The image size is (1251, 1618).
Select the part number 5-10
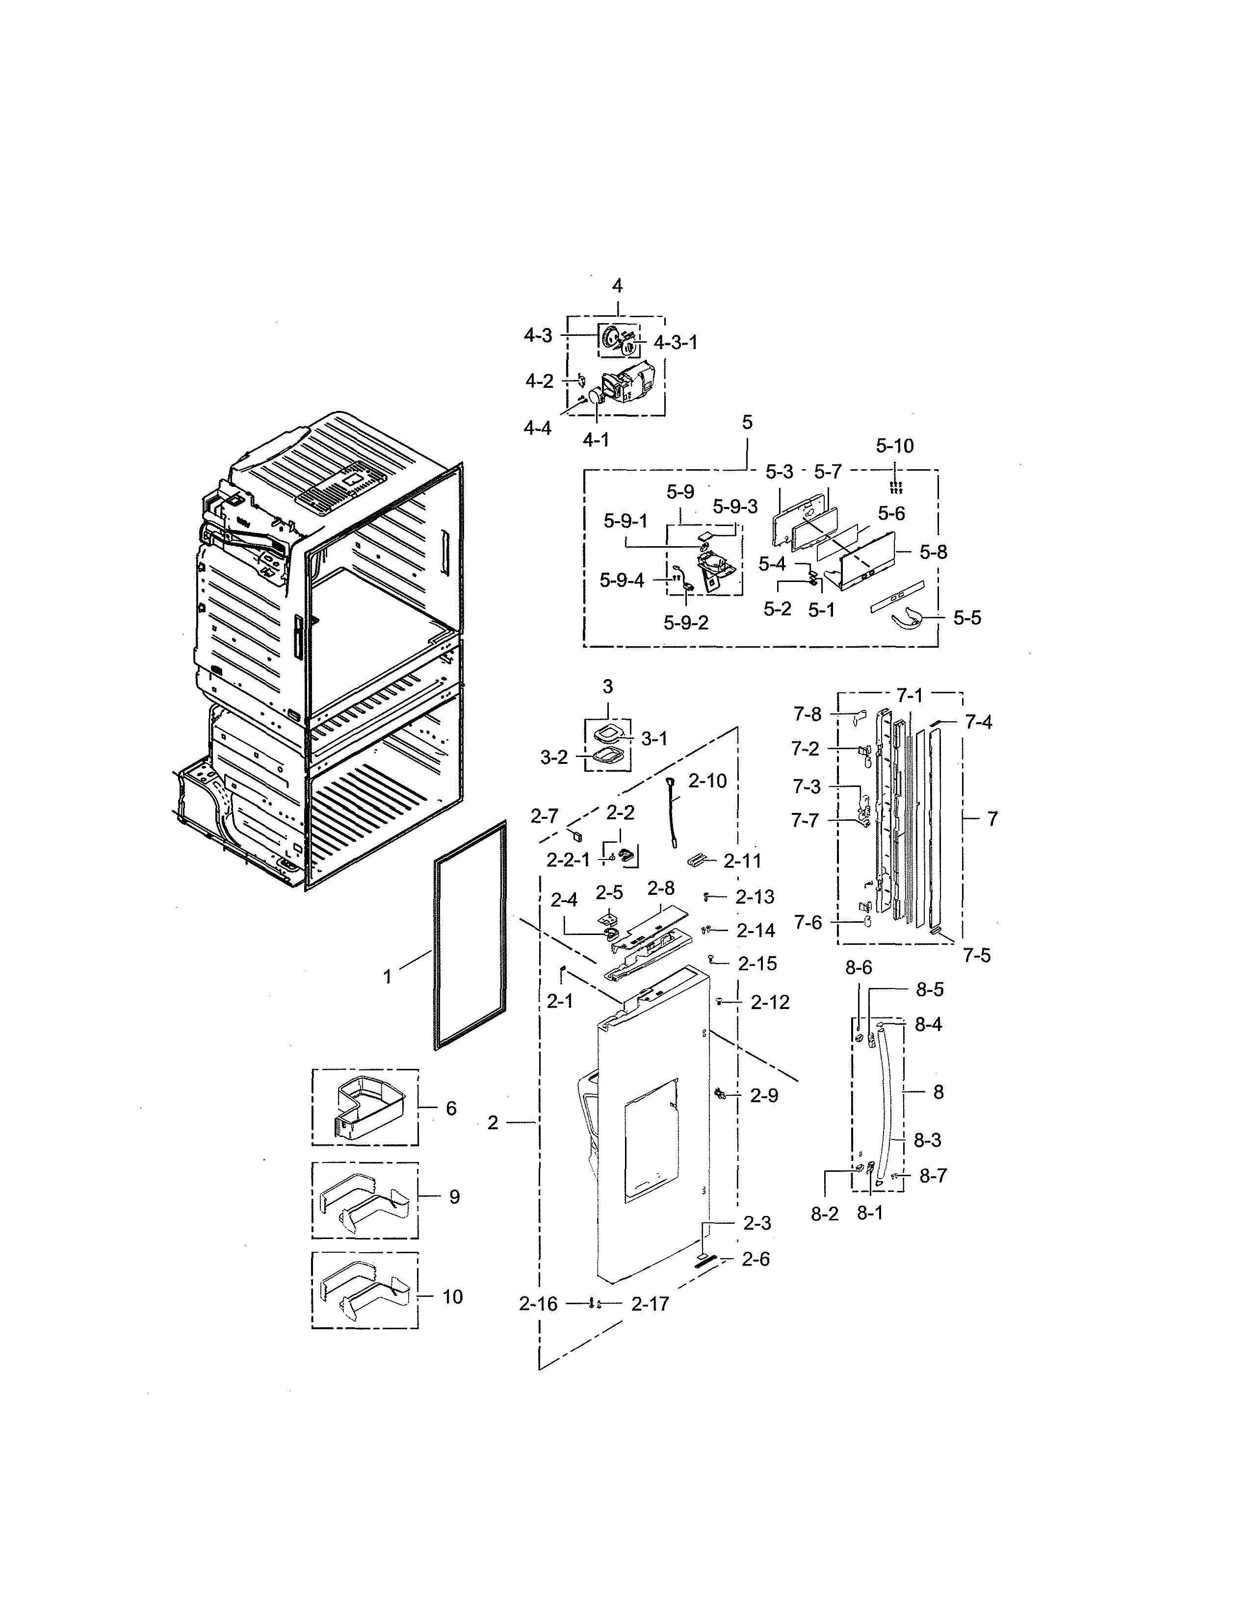(894, 446)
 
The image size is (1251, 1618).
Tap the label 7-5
(977, 956)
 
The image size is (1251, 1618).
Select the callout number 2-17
(650, 1304)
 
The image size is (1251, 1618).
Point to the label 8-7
(933, 1176)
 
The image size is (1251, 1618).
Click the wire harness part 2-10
(675, 811)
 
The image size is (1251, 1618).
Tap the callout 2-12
(770, 1002)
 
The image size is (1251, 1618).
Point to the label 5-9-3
(735, 507)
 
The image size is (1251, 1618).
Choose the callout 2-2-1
(569, 860)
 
